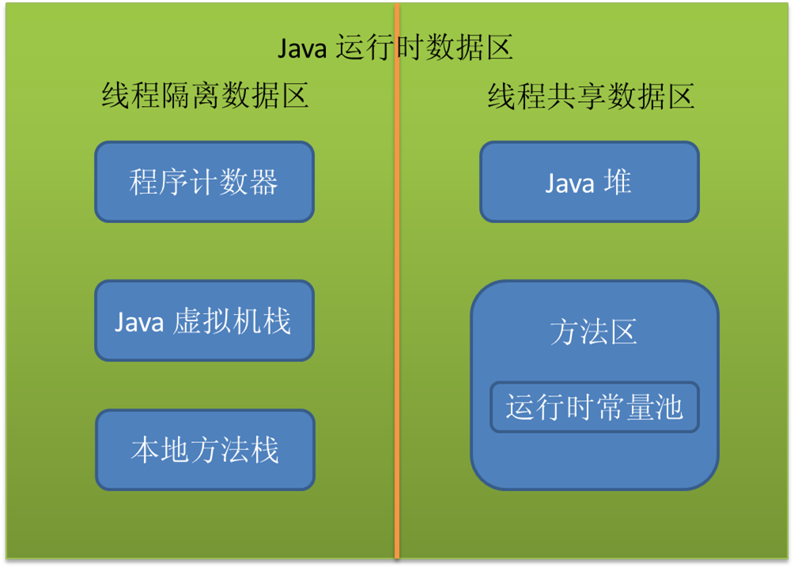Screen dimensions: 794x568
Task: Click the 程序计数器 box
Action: tap(204, 182)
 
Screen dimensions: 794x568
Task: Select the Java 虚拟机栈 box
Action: tap(204, 320)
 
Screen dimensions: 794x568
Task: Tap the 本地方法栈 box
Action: tap(205, 449)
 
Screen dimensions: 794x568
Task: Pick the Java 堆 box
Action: tap(589, 182)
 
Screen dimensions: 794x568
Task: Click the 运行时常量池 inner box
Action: tap(594, 407)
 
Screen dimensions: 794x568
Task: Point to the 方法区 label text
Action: tap(593, 332)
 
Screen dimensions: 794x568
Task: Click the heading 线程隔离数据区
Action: tap(205, 97)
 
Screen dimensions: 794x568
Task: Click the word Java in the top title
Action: tap(303, 49)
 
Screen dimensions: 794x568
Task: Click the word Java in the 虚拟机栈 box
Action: tap(139, 322)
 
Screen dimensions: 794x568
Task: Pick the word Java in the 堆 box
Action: tap(569, 184)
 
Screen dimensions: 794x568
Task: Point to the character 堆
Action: tap(618, 182)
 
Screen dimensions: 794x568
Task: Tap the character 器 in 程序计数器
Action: tap(264, 183)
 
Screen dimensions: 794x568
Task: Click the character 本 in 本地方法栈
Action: tap(145, 450)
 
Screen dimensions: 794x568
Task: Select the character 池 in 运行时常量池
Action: tap(668, 408)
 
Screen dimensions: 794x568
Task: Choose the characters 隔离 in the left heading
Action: tap(205, 97)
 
